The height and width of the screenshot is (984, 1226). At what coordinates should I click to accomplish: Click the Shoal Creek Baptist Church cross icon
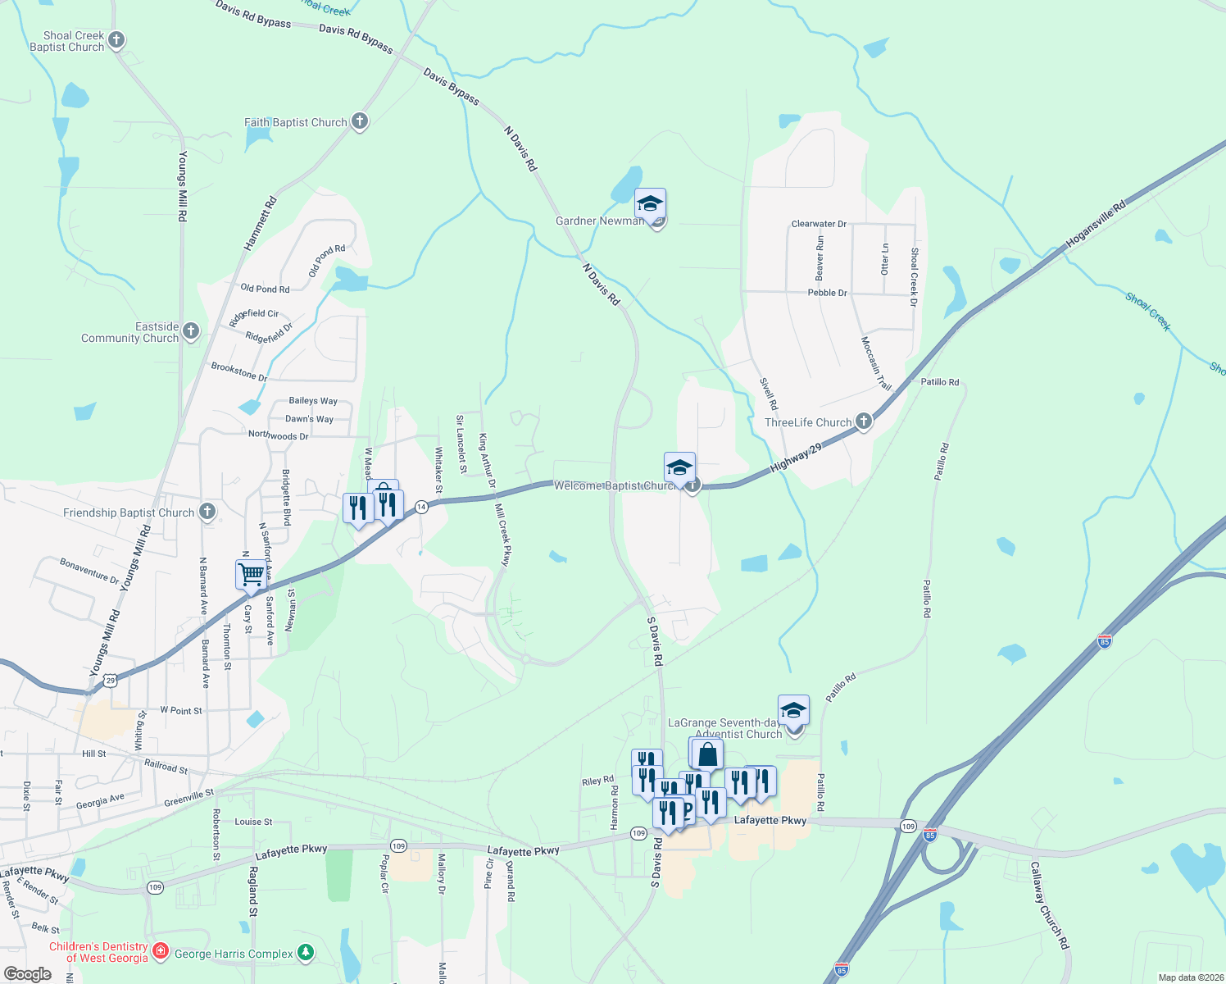116,39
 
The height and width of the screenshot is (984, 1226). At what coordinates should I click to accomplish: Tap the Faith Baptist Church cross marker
359,121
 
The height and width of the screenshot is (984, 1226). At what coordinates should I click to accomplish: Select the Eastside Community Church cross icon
191,331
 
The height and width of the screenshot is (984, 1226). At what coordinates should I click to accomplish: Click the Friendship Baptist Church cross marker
207,512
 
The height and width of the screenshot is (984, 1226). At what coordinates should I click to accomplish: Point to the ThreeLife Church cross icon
863,421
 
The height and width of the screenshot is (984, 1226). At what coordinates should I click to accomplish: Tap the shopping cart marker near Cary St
252,574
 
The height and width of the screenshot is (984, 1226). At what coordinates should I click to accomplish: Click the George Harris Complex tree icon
306,952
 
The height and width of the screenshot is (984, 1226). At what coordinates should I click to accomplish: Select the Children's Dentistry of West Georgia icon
161,951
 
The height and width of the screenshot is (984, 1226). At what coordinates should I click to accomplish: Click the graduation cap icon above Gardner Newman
650,203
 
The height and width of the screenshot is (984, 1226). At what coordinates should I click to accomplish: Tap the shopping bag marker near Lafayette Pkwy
707,754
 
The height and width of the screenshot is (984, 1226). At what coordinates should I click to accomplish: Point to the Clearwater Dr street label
819,224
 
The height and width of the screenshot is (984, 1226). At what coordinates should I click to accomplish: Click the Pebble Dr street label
827,293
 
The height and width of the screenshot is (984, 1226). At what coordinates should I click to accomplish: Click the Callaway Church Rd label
1050,905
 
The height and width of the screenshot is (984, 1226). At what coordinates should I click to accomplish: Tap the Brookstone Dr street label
239,371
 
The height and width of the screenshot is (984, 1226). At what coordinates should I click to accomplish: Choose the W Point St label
181,710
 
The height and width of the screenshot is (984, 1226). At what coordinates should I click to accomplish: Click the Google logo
27,974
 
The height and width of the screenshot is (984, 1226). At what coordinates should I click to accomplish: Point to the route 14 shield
421,507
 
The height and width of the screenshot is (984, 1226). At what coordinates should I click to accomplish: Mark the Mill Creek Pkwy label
502,535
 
